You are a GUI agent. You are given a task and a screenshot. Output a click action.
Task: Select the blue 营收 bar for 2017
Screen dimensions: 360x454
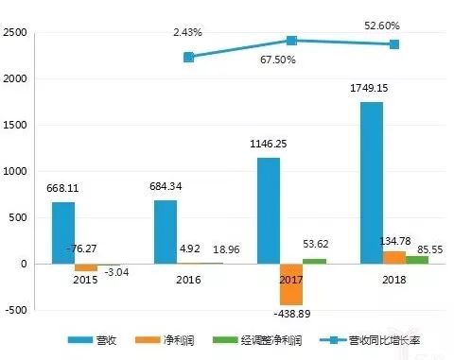tap(269, 210)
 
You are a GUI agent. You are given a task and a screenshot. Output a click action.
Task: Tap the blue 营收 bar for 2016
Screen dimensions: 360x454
tap(166, 231)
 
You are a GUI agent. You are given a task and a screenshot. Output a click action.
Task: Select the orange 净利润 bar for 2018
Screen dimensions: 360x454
tap(394, 257)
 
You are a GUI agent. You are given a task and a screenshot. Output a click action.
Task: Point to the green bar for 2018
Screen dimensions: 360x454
tap(417, 260)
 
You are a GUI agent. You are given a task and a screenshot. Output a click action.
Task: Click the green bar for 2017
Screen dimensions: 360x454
tap(315, 261)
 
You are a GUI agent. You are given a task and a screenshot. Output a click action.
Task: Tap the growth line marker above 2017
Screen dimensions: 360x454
tap(292, 41)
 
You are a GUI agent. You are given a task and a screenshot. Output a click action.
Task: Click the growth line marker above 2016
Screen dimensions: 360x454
tap(189, 58)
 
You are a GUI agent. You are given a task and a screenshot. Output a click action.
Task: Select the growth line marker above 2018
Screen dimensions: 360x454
tap(394, 44)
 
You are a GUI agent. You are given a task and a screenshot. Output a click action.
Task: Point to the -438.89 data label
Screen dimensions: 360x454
tap(292, 313)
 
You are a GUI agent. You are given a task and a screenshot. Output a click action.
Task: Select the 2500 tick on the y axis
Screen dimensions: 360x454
tap(14, 33)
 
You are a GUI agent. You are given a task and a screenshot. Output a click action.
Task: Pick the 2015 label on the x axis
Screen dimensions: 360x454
tap(86, 280)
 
